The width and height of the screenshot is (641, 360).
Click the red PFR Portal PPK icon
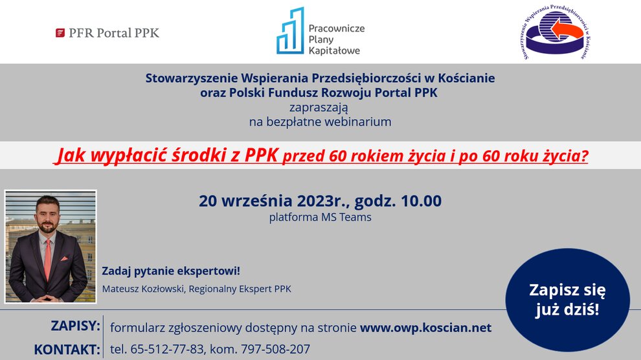tap(60, 32)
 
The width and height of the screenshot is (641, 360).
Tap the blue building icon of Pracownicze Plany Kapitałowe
tap(290, 30)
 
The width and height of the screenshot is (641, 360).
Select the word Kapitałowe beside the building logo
tap(334, 51)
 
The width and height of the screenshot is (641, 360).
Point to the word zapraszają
tap(319, 108)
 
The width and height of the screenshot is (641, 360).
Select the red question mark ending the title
tap(585, 155)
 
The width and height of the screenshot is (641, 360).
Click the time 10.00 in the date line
tap(421, 201)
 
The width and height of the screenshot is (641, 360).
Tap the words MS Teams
tap(346, 217)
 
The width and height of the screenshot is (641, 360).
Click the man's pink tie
tap(48, 260)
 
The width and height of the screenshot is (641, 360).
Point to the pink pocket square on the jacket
tap(64, 258)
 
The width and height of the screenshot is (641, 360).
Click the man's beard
tap(48, 225)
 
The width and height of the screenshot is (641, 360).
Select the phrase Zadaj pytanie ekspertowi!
tap(171, 271)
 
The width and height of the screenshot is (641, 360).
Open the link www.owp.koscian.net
tap(425, 328)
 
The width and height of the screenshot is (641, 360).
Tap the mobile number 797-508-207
tap(276, 350)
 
